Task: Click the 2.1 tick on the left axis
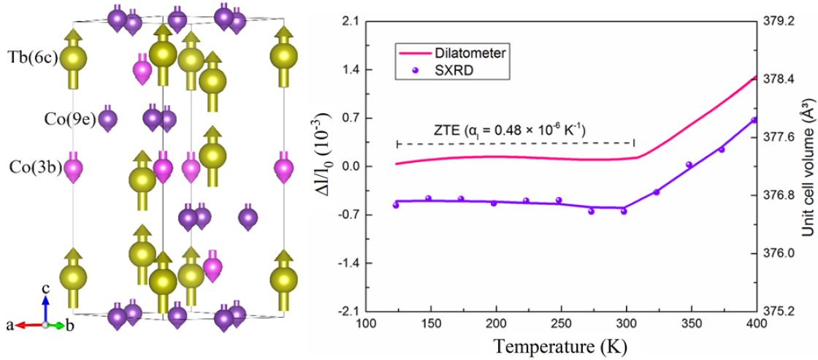[355, 21]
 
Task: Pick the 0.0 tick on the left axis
[355, 166]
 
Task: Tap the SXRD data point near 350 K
[689, 165]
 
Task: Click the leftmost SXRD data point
[396, 205]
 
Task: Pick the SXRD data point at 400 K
[754, 120]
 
